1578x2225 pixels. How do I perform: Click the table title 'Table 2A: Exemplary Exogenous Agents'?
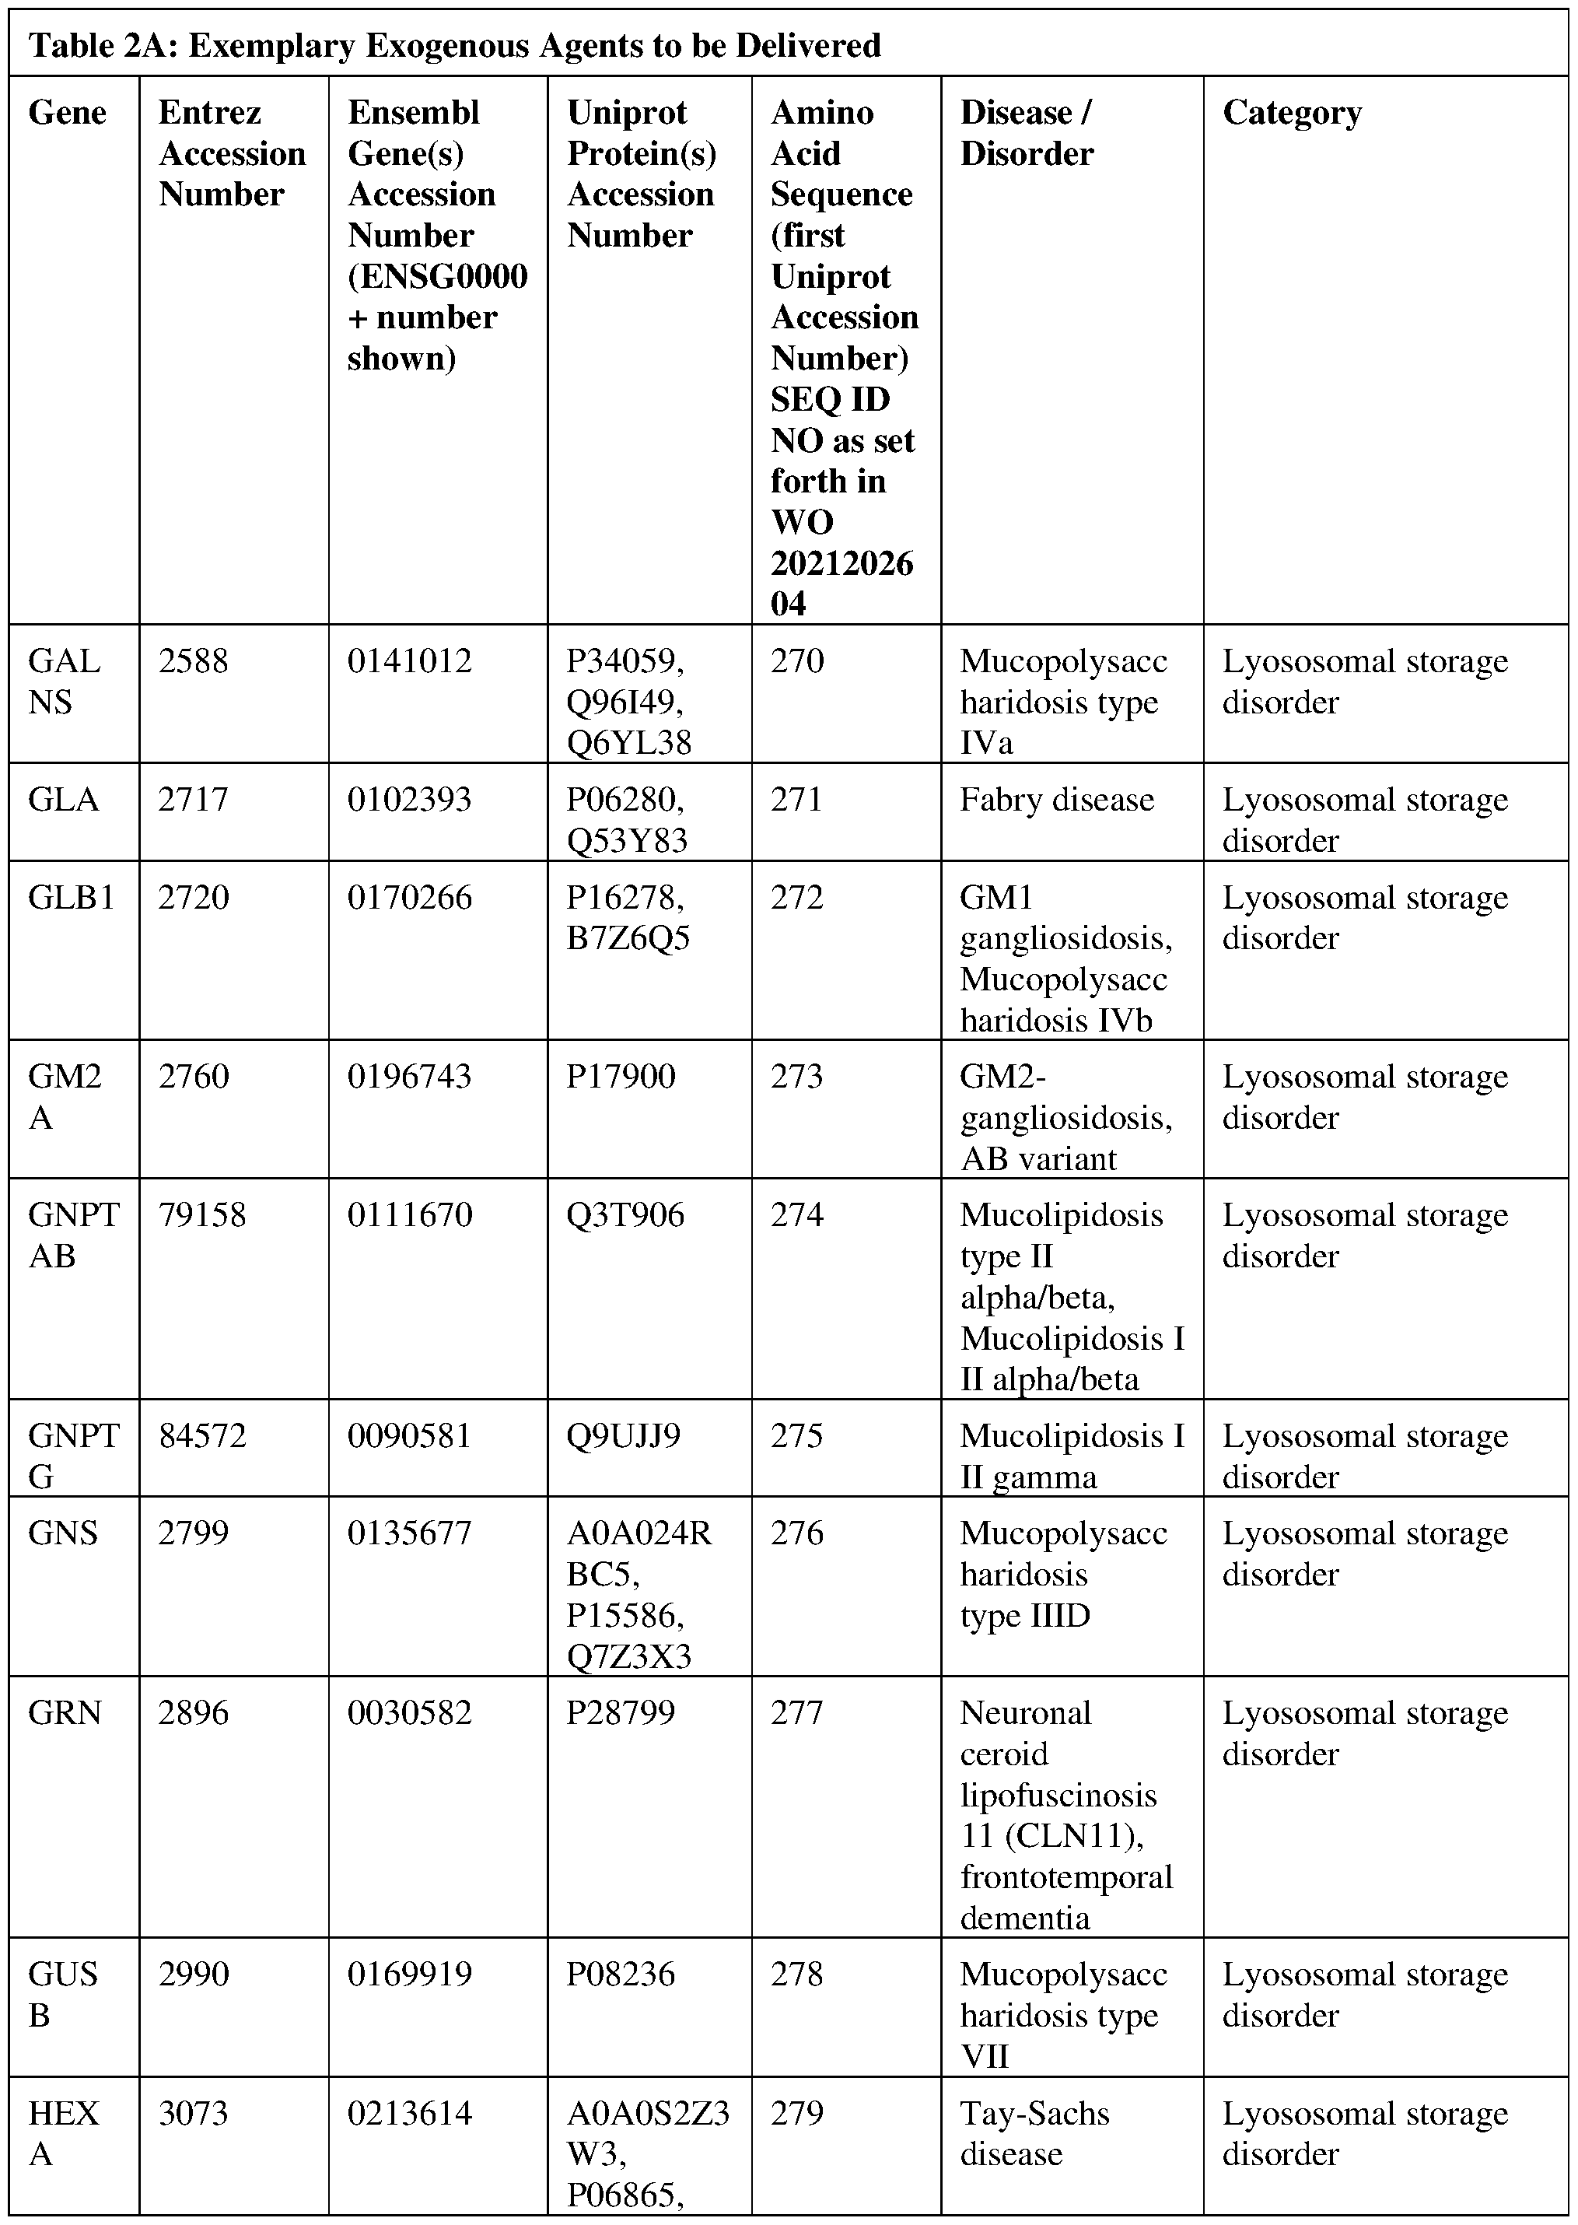[x=455, y=46]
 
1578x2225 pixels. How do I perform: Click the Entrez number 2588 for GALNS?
[x=194, y=662]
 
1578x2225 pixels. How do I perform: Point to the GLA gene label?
[x=63, y=800]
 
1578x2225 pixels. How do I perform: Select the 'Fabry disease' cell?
[x=1056, y=800]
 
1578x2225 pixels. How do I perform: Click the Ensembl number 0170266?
[x=409, y=897]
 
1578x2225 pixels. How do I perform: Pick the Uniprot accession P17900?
[x=621, y=1077]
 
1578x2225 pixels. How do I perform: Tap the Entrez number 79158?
[x=202, y=1215]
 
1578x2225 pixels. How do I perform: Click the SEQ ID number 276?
[x=796, y=1533]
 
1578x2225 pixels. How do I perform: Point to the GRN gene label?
[x=64, y=1713]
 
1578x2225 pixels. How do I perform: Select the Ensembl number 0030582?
[x=409, y=1713]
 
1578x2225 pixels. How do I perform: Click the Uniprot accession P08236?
[x=621, y=1974]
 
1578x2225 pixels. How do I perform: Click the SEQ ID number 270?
[x=796, y=662]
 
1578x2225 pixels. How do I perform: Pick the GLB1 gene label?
[x=71, y=897]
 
